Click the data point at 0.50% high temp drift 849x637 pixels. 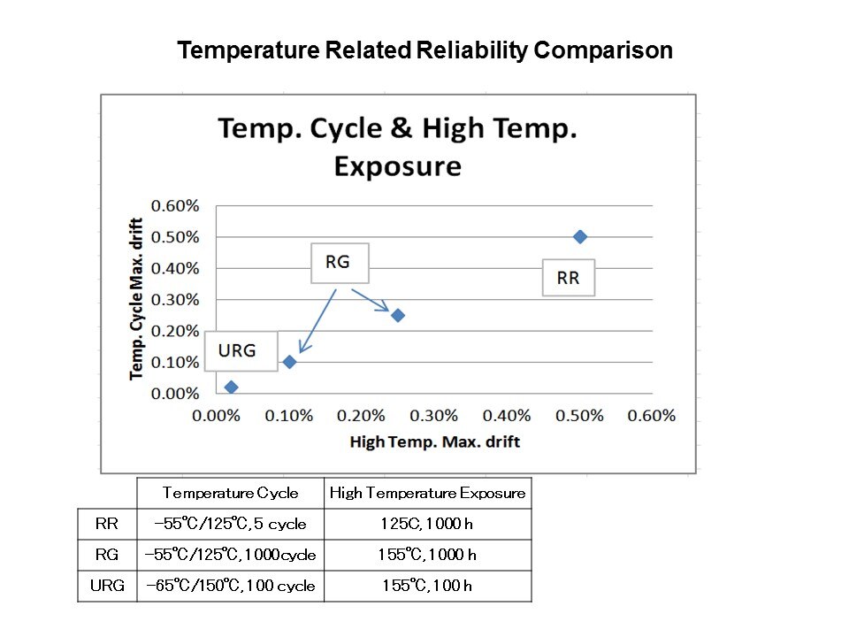pos(580,236)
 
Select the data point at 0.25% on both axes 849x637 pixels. pos(398,315)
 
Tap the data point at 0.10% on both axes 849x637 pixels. pos(289,362)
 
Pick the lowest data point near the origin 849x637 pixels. pos(232,387)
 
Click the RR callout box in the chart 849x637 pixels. pos(568,278)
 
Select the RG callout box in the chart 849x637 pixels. pos(339,262)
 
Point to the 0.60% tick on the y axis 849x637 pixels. pos(175,205)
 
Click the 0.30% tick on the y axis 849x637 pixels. pos(175,299)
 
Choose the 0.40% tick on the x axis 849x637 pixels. pos(508,416)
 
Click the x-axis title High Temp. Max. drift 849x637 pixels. pos(434,441)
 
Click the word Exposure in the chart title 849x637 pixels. pos(397,166)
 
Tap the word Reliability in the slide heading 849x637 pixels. pos(471,50)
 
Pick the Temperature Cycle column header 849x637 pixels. pos(230,493)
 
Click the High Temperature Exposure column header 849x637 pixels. pos(427,493)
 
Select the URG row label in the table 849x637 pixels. pos(106,586)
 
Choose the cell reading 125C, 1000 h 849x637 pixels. pos(427,524)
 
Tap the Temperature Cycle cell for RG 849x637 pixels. pos(230,555)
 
